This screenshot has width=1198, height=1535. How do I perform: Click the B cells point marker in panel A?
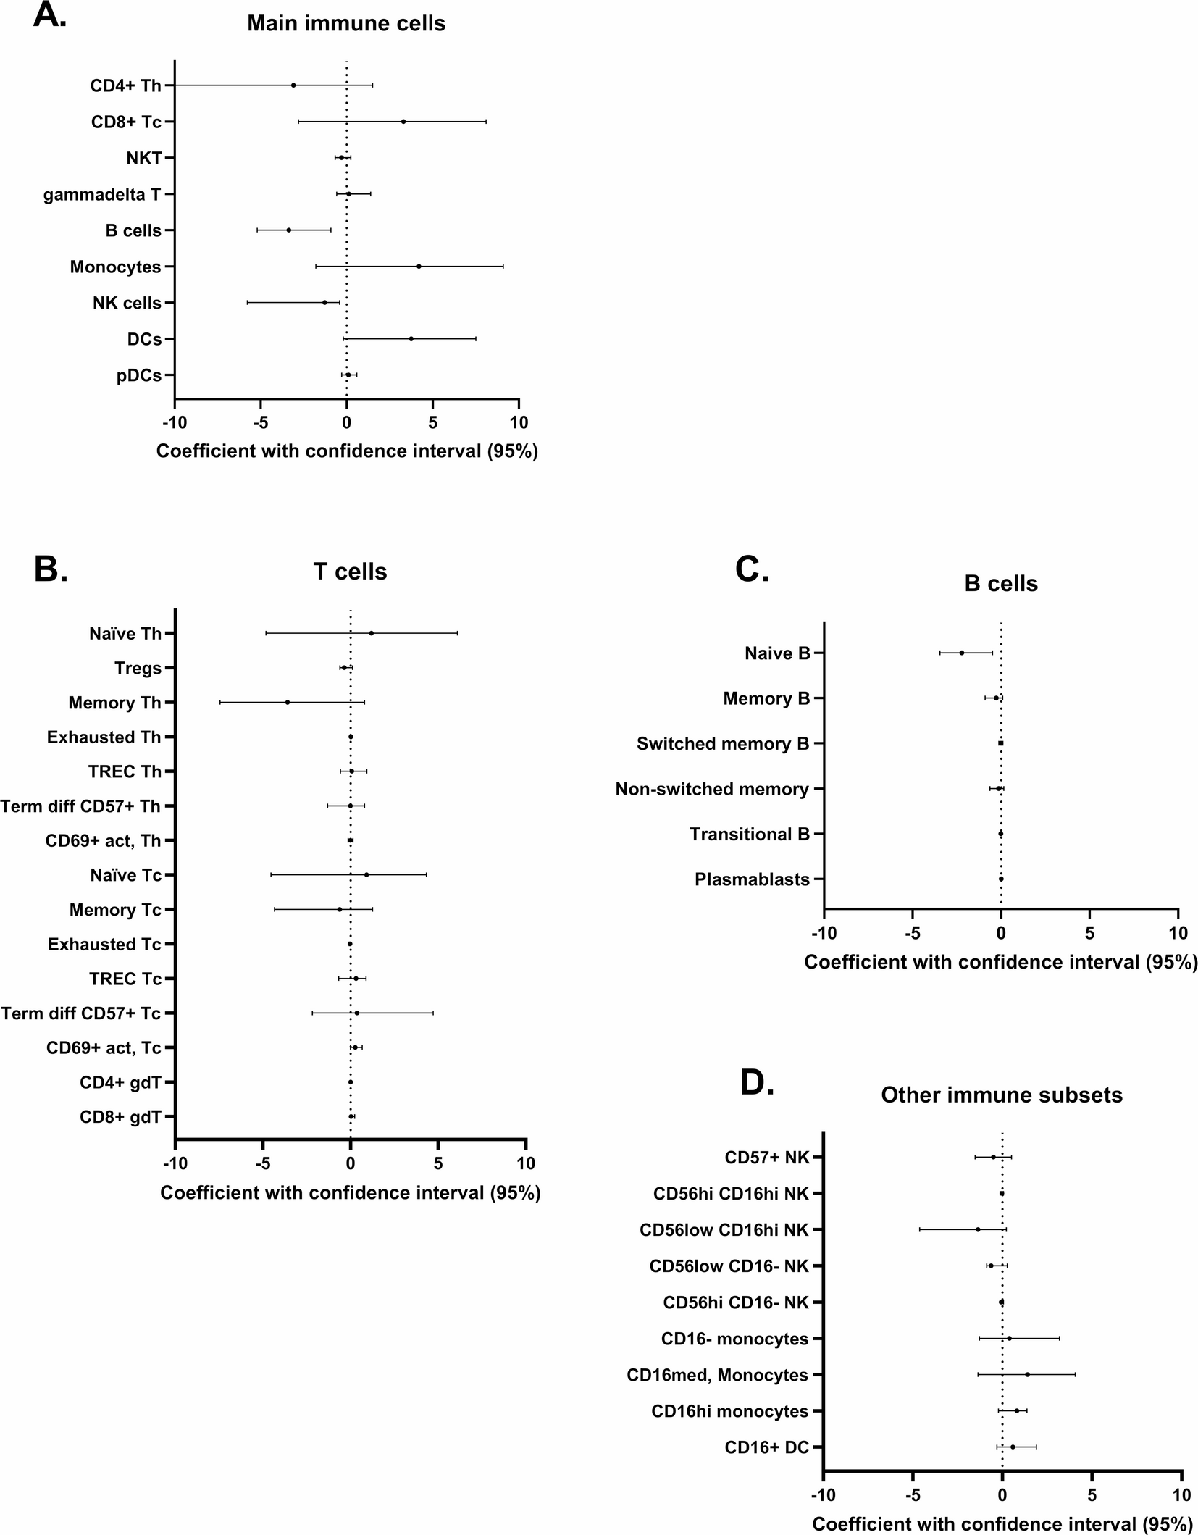coord(288,230)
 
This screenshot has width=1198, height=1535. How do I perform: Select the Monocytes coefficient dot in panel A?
coord(419,267)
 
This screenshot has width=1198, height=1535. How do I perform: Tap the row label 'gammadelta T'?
coord(102,195)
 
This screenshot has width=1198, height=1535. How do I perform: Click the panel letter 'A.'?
coord(50,15)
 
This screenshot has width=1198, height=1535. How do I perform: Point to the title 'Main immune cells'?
coord(346,23)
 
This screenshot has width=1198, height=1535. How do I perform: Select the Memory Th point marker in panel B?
coord(288,702)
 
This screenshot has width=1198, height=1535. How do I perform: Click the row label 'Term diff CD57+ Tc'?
coord(81,1013)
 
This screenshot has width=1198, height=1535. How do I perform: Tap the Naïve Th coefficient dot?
coord(372,633)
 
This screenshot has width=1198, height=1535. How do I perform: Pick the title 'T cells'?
coord(350,572)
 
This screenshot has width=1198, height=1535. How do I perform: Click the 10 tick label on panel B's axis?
coord(526,1163)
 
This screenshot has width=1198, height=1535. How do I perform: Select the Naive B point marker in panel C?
coord(962,653)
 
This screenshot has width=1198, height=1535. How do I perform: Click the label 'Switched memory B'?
coord(723,744)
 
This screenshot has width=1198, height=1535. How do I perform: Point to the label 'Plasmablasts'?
coord(752,879)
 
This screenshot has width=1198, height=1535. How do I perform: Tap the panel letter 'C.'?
coord(752,569)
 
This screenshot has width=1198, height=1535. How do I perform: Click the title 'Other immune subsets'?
coord(1002,1095)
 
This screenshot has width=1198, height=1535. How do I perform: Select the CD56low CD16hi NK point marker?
coord(978,1229)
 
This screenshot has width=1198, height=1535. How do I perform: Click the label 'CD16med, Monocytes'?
coord(717,1375)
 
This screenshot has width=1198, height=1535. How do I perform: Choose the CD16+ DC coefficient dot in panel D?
coord(1013,1447)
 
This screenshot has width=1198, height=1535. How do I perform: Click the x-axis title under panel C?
coord(1001,962)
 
